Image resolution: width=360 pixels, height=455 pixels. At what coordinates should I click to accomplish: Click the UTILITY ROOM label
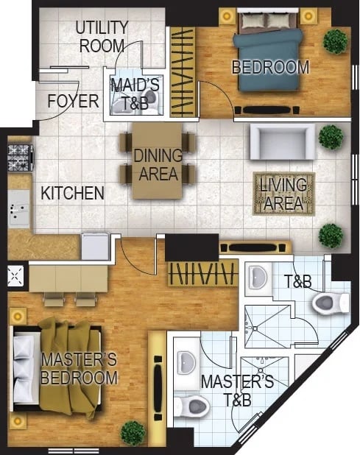(102, 37)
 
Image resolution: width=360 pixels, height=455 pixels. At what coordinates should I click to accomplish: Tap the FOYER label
(73, 101)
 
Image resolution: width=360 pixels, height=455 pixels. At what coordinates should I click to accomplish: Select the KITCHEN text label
(72, 193)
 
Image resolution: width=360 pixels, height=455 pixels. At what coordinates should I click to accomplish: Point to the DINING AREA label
(158, 164)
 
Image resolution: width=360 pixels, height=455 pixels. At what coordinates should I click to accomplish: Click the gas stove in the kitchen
(20, 158)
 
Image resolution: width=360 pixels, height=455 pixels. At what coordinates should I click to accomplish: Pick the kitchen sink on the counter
(19, 208)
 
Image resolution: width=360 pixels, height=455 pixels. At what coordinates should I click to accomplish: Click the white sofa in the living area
(282, 141)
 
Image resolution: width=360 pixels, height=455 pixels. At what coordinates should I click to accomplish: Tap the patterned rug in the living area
(283, 194)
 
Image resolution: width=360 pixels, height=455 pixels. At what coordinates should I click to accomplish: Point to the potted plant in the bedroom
(336, 41)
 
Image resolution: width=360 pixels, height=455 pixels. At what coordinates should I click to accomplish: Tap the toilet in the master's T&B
(191, 406)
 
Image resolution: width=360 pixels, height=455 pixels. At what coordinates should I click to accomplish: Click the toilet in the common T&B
(331, 303)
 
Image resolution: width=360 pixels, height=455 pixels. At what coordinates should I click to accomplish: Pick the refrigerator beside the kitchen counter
(96, 247)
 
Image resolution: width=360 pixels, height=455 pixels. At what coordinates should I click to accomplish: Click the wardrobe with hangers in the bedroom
(183, 72)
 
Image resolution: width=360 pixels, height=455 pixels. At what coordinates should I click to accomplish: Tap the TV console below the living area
(255, 247)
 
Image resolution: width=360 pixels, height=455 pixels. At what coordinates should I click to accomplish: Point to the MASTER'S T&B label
(237, 391)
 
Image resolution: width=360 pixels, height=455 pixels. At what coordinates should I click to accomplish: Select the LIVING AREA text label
(283, 194)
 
